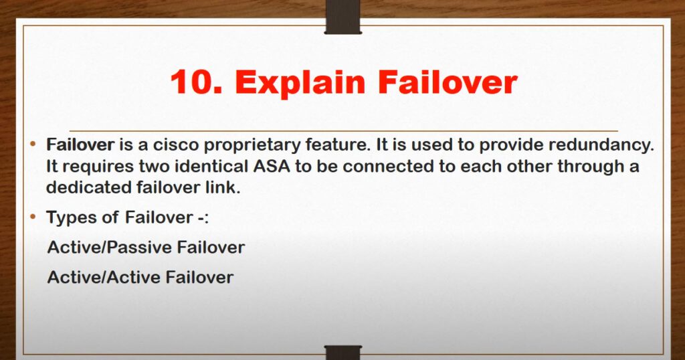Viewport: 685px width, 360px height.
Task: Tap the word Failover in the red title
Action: tap(448, 82)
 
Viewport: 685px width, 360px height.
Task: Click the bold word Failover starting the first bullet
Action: tap(80, 145)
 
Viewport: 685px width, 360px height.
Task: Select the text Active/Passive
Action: tap(110, 248)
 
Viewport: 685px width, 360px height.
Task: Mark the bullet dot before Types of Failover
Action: tap(33, 217)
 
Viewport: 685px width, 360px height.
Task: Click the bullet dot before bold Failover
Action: tap(33, 144)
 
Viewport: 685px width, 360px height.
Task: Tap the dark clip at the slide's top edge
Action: tap(343, 17)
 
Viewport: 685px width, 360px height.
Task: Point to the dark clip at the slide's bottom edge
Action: tap(343, 353)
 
